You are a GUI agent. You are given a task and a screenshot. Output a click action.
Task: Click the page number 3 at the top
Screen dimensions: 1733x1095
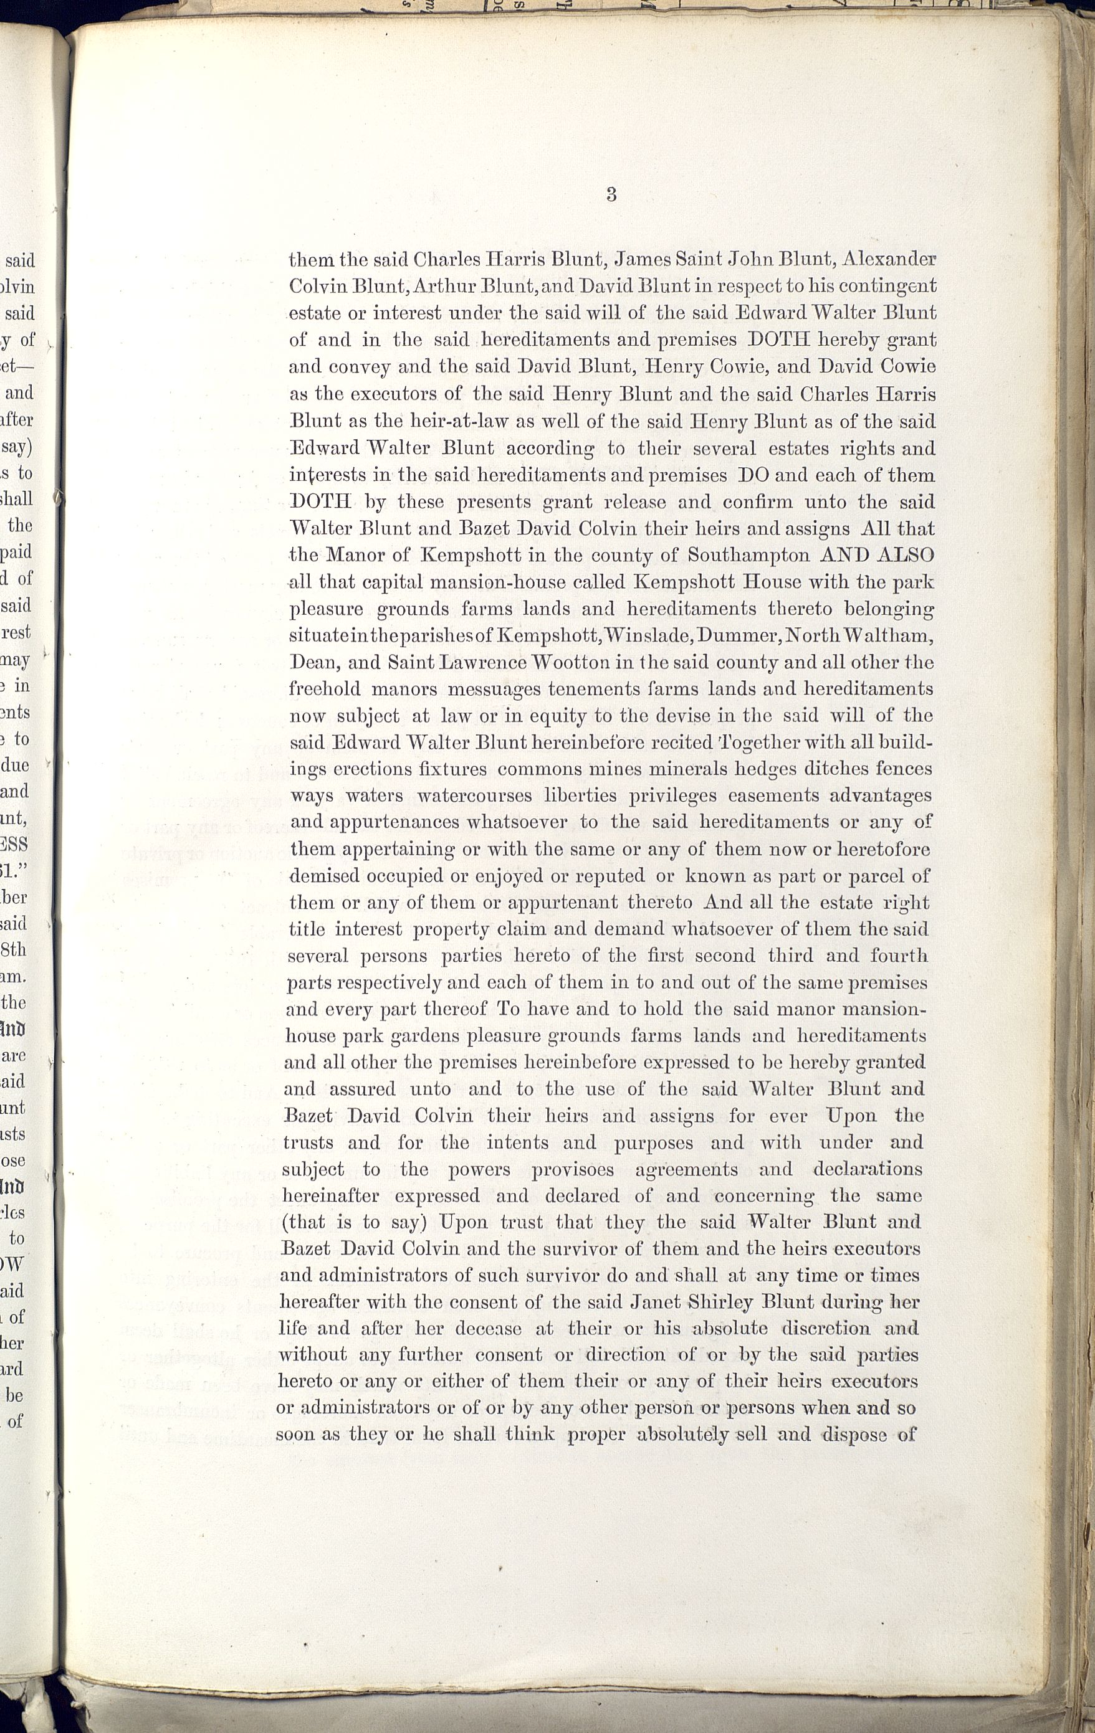coord(611,194)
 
